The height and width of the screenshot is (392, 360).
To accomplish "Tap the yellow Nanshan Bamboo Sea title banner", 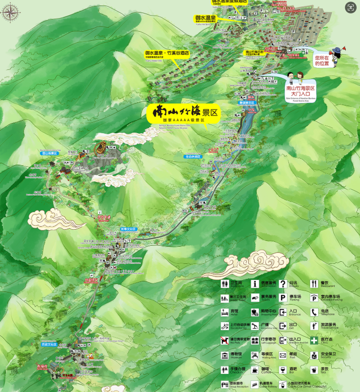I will click(184, 113).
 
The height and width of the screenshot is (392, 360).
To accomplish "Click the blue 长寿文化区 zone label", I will click(128, 229).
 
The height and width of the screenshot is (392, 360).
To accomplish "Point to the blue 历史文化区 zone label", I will click(49, 344).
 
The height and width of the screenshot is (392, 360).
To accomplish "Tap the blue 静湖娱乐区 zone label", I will click(247, 103).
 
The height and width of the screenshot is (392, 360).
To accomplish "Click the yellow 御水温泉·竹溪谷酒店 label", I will click(167, 54).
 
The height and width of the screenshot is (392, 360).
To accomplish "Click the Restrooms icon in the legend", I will click(225, 284).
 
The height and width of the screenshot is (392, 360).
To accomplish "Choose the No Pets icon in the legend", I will click(225, 341).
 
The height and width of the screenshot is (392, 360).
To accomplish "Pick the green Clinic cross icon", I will click(314, 340).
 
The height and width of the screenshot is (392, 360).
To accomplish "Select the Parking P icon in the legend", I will click(283, 298).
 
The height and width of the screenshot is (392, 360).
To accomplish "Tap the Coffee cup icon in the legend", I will click(254, 370).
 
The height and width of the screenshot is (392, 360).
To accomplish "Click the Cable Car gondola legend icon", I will click(283, 384).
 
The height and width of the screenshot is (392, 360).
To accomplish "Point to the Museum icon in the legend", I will click(225, 356).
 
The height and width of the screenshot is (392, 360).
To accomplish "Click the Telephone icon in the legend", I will click(314, 312).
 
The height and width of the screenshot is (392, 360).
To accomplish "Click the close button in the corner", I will click(350, 7).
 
